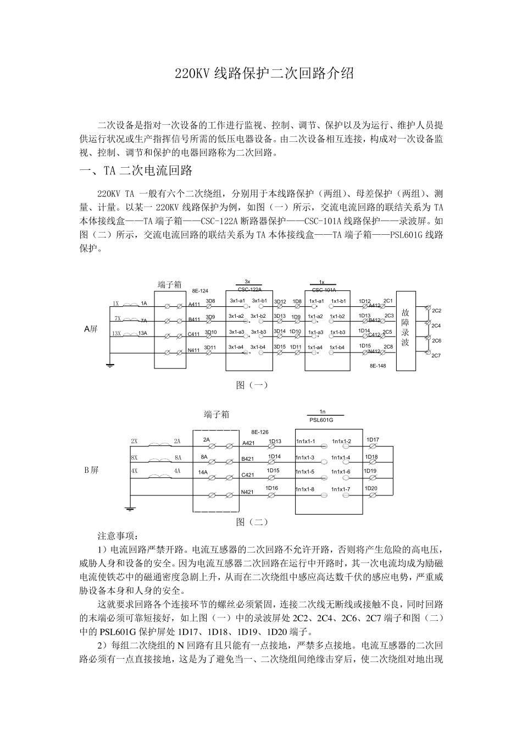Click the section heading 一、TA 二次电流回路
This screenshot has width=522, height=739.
point(136,171)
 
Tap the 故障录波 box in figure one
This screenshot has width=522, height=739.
point(406,328)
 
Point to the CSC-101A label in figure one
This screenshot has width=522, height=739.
point(324,290)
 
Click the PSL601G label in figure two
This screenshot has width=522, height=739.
point(321,420)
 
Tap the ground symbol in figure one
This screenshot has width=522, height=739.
point(110,364)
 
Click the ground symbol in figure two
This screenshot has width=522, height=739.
point(130,508)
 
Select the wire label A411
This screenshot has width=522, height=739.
point(195,304)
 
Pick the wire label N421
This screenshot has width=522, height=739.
point(248,492)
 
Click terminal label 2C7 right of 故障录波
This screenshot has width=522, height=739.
point(436,356)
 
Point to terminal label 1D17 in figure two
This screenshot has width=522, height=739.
point(373,439)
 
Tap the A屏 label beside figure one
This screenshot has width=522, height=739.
point(91,329)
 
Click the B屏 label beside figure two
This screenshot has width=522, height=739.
point(91,470)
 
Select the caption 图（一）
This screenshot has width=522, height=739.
point(252,385)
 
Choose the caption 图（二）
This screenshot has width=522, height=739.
point(252,522)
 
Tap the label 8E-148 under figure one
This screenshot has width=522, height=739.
point(377,365)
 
